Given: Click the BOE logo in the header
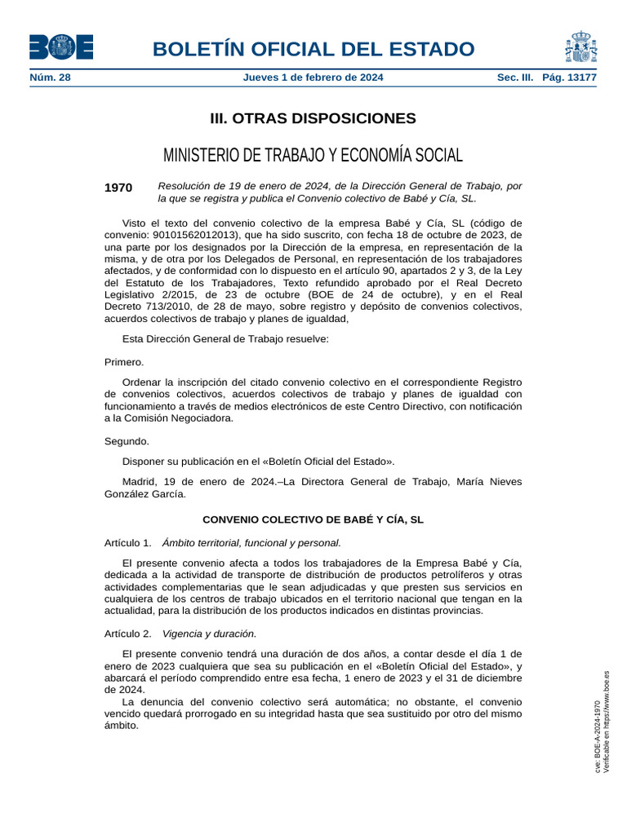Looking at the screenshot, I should coord(61,47).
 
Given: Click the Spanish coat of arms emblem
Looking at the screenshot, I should coord(580,47).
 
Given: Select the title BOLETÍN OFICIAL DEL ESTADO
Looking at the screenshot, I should coord(313,49).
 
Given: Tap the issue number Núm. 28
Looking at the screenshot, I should coord(50,78).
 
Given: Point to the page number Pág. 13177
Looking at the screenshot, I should coord(570,78).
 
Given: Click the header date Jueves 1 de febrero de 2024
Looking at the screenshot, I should coord(313,78).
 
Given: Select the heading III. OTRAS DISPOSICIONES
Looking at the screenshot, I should coord(313,119).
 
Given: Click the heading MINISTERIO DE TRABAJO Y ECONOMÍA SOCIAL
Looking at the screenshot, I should coord(313,155).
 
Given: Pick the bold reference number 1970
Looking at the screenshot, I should coord(118,188).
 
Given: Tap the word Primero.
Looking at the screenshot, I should coord(124,361).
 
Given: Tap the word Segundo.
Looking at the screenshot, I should coord(127,441).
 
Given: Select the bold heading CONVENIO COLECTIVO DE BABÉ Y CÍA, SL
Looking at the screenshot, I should coord(313,519).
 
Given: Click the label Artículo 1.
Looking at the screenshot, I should coord(128,542).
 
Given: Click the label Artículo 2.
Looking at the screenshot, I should coord(128,633).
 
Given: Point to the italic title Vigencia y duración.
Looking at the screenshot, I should coord(210,633).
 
